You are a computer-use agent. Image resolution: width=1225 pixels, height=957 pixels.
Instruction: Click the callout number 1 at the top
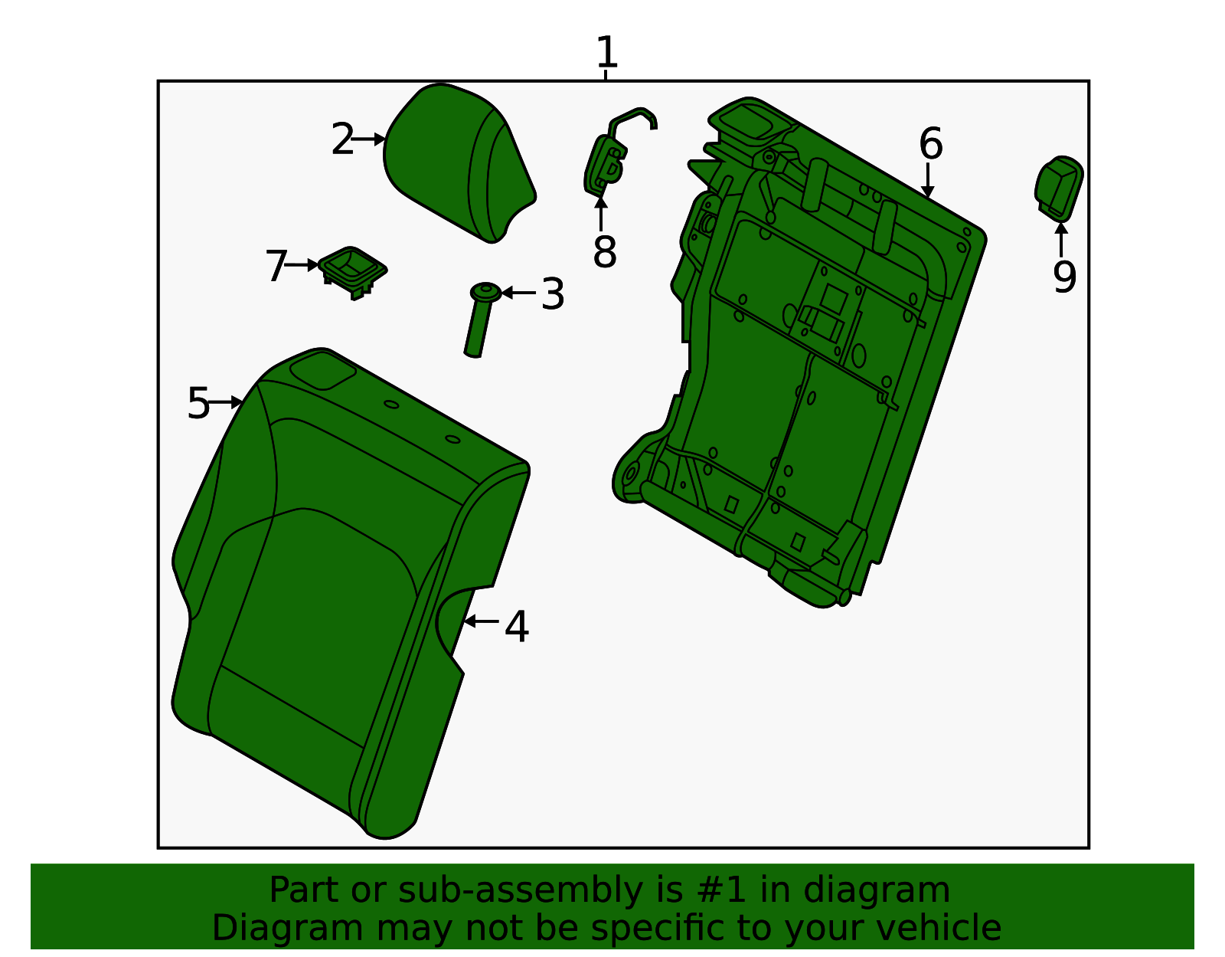click(x=606, y=53)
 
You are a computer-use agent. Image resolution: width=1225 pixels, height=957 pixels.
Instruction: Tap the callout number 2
click(x=342, y=139)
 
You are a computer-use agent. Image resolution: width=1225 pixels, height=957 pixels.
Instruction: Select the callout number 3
click(x=552, y=294)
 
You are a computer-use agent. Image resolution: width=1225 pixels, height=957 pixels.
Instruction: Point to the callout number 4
click(x=517, y=627)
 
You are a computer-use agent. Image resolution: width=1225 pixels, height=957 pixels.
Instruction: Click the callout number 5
click(x=198, y=403)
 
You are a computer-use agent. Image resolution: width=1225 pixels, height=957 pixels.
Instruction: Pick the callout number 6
click(x=930, y=144)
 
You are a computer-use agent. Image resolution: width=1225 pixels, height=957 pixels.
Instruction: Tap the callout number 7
click(x=276, y=267)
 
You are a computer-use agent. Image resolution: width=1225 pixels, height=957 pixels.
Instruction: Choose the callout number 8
click(x=604, y=251)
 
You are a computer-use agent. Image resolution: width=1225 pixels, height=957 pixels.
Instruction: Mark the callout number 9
click(x=1063, y=277)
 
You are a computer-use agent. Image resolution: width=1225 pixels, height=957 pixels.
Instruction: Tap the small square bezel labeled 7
click(x=352, y=268)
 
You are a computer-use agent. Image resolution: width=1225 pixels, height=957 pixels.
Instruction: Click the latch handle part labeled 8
click(x=606, y=161)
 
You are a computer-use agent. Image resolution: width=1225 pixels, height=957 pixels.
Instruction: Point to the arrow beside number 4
click(x=482, y=621)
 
